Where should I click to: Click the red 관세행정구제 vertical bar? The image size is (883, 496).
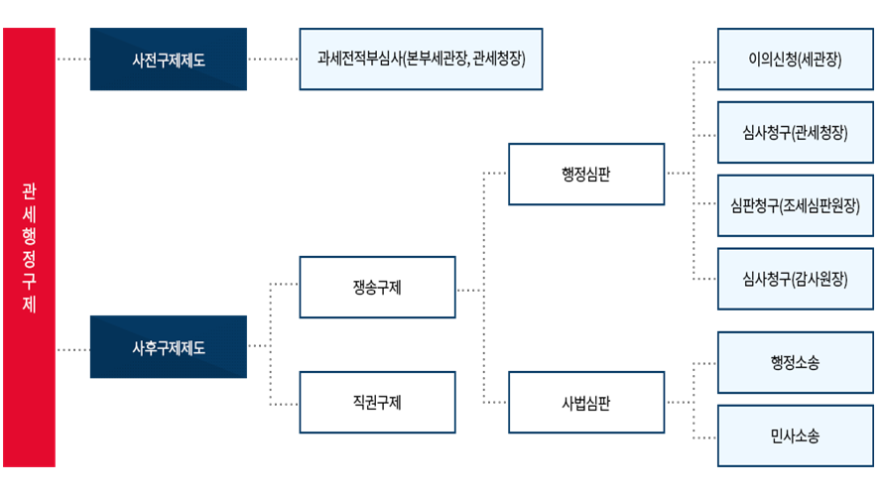click(x=30, y=247)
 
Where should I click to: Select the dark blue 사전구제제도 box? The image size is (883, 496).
click(x=169, y=60)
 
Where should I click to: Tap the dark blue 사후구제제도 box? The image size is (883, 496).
click(x=169, y=347)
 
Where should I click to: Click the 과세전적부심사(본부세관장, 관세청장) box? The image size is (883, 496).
click(x=422, y=60)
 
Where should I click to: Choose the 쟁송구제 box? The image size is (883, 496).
click(x=377, y=287)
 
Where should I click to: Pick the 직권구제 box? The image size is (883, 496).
click(x=377, y=402)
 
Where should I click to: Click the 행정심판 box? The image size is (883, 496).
click(x=586, y=174)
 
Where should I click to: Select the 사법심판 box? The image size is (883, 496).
click(x=586, y=402)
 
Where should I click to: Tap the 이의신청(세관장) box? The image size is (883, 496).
click(x=795, y=60)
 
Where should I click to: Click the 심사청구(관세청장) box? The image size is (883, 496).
click(x=795, y=132)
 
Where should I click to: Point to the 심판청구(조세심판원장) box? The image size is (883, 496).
click(x=795, y=205)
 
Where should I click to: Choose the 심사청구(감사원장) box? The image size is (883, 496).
click(x=795, y=279)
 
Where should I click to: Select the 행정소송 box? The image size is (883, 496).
click(x=795, y=362)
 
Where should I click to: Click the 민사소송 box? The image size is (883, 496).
click(x=795, y=435)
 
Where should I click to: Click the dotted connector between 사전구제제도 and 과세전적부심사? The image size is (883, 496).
click(x=273, y=59)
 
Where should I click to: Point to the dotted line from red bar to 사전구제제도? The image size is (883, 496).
click(x=72, y=59)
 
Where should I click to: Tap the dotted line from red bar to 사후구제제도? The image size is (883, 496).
click(x=72, y=349)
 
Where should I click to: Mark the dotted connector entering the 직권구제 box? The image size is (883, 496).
click(x=284, y=404)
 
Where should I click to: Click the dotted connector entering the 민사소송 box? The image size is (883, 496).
click(x=704, y=437)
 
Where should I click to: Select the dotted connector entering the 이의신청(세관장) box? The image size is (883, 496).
click(x=704, y=62)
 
